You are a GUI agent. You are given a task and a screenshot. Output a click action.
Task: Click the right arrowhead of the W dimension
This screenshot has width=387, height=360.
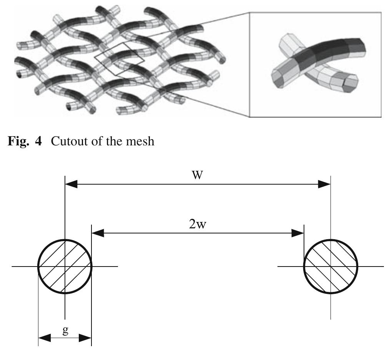(324, 184)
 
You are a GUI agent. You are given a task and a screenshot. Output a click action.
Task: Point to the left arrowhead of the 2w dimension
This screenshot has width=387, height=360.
(98, 233)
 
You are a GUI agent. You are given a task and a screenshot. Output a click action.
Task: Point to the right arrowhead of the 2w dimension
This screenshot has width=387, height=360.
(298, 233)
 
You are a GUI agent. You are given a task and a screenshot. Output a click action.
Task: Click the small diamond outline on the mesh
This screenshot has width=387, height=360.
(120, 59)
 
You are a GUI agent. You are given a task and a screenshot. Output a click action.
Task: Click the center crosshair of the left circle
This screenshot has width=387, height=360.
(65, 266)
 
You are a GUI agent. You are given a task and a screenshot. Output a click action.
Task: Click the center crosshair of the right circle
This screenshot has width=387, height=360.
(331, 266)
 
